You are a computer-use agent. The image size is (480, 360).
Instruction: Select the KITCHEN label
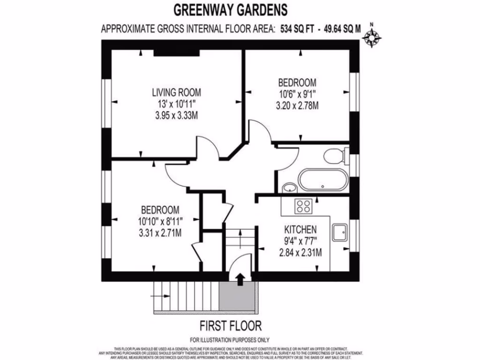[x=300, y=230]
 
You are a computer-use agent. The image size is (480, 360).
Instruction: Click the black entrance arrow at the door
[x=240, y=279]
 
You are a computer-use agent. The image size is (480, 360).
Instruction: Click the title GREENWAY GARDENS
[x=231, y=9]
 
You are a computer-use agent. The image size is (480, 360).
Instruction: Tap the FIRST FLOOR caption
[x=231, y=325]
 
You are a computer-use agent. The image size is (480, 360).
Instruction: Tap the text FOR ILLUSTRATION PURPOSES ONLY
[x=230, y=340]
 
